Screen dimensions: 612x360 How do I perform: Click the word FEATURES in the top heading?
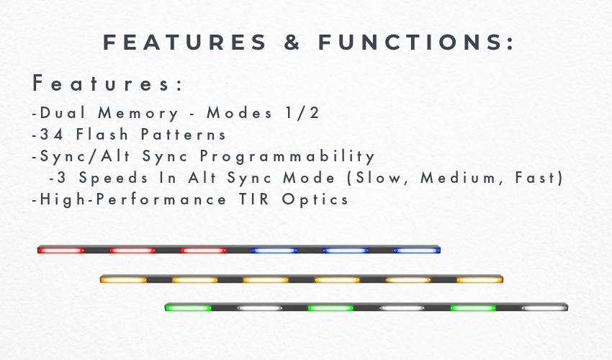point(184,42)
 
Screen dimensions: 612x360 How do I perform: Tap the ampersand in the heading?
point(292,42)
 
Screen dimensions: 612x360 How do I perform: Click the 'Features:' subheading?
point(107,84)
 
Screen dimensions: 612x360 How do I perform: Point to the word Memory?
point(138,114)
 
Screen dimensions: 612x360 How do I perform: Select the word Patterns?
point(183,135)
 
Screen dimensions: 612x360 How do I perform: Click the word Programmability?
point(287,157)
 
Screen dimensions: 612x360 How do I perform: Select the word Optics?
point(315,200)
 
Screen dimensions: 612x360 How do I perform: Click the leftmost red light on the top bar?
point(61,251)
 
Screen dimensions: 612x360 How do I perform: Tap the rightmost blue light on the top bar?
point(417,251)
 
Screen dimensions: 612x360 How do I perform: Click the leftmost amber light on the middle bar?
point(123,279)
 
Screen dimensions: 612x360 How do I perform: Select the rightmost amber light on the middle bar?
point(480,279)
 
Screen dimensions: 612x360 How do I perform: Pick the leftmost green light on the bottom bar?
point(188,308)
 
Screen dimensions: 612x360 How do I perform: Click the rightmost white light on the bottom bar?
point(544,308)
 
